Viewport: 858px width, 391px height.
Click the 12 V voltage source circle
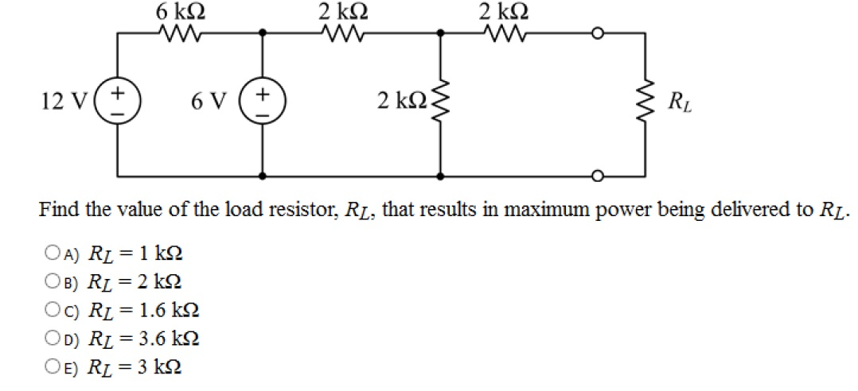(x=119, y=104)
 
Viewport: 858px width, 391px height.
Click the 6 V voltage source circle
(x=263, y=104)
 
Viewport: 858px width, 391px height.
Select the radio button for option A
(x=53, y=254)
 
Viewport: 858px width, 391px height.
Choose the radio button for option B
(x=53, y=282)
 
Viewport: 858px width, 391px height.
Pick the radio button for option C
(x=53, y=310)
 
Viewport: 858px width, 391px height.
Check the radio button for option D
(x=53, y=339)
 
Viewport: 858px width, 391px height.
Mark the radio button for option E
(x=53, y=366)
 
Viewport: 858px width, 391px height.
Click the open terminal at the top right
(x=598, y=33)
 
